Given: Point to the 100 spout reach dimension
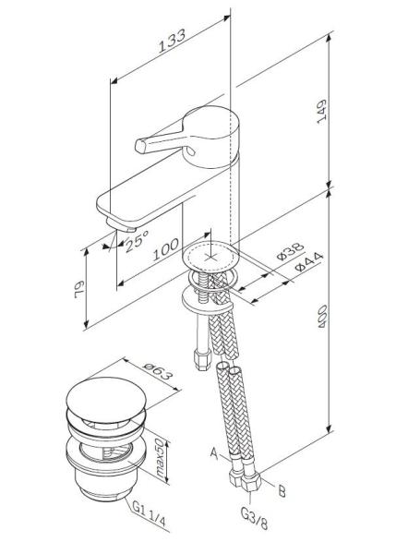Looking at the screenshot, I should click(x=164, y=250).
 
